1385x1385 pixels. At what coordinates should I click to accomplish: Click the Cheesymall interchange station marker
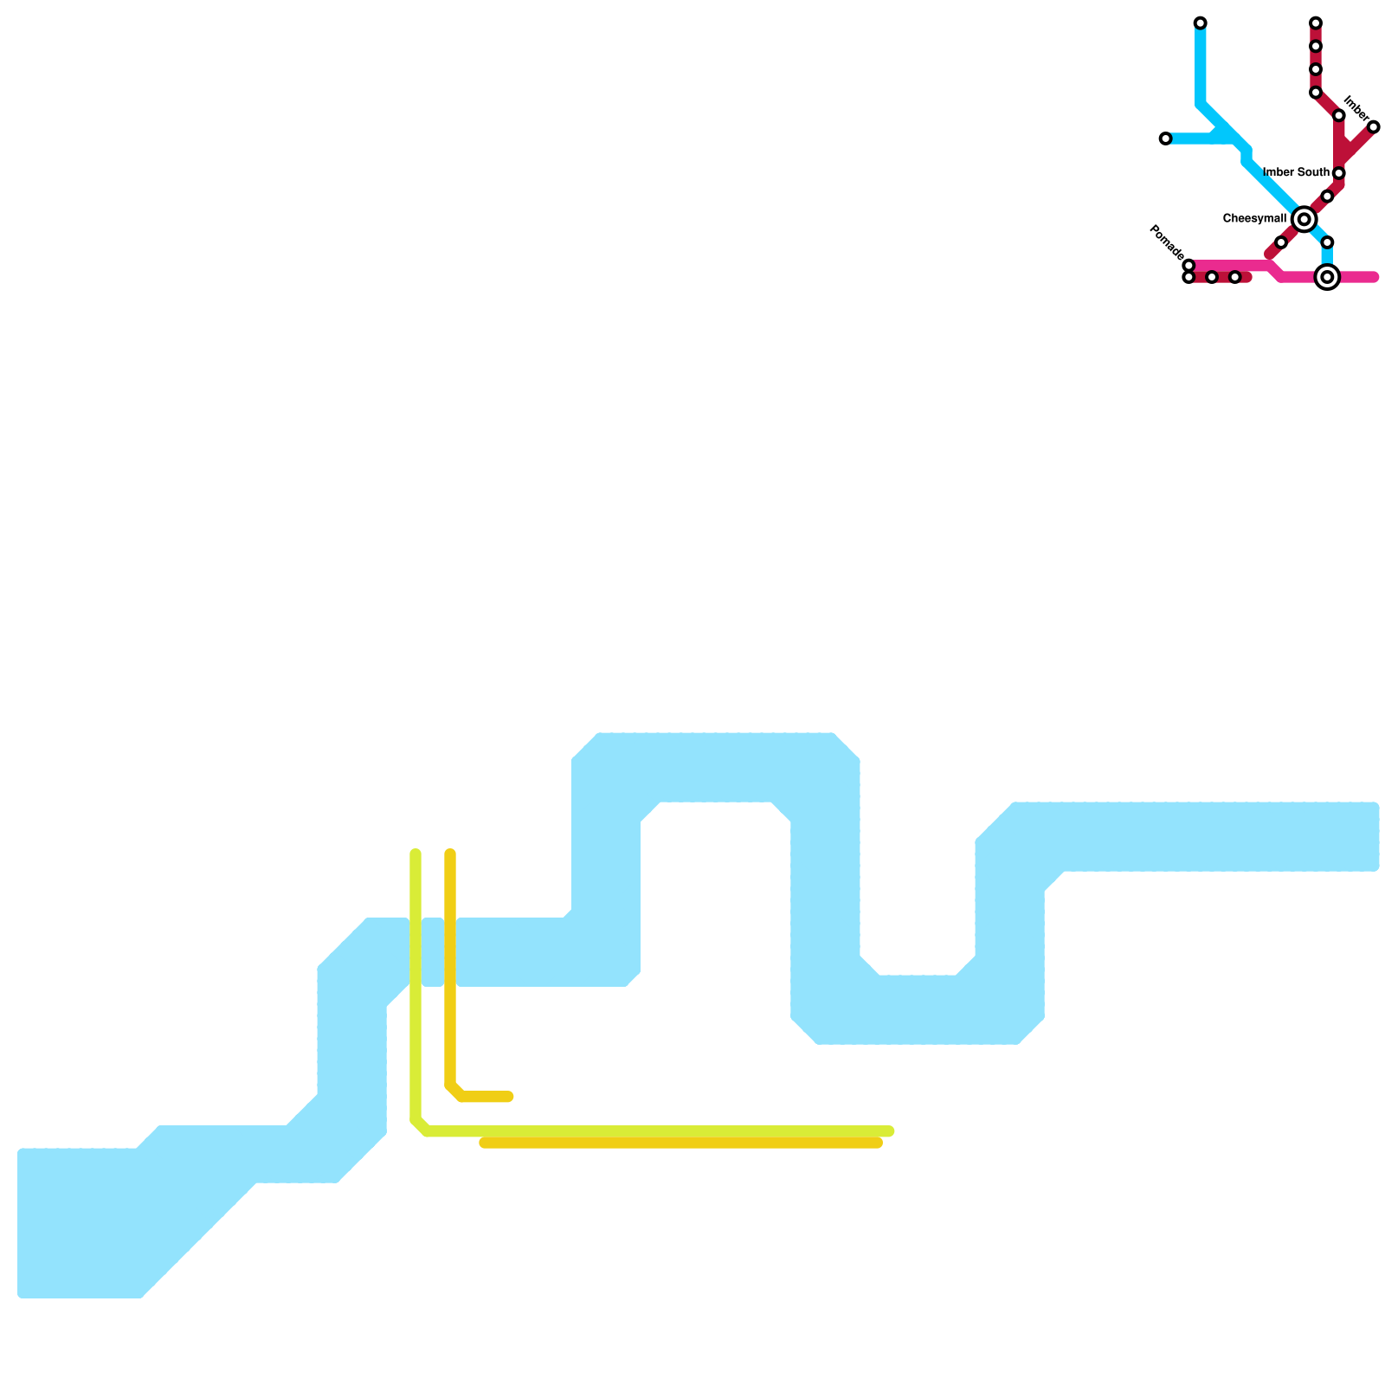(1304, 219)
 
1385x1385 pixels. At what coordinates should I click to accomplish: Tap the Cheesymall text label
(1254, 219)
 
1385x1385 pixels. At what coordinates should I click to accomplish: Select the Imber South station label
(1296, 173)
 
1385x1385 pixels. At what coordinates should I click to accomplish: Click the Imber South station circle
(1338, 173)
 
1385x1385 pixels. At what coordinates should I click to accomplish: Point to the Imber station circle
(1373, 127)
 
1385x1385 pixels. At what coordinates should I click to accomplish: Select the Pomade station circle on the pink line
(1189, 266)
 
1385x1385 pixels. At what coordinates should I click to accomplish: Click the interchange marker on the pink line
(1327, 277)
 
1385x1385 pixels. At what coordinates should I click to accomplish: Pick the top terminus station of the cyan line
(1200, 23)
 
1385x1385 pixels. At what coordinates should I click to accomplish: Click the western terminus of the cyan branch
(1165, 138)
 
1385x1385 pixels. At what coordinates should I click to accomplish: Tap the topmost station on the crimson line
(1315, 23)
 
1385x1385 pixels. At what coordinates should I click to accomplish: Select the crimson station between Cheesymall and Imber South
(1327, 196)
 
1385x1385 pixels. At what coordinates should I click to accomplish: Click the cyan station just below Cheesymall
(1327, 242)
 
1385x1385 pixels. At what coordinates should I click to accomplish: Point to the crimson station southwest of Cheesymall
(1281, 242)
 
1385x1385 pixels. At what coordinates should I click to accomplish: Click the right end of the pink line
(1374, 277)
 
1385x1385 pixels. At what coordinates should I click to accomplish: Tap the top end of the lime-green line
(415, 854)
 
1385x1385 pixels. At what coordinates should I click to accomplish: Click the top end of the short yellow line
(450, 854)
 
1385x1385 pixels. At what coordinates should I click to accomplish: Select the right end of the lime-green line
(890, 1131)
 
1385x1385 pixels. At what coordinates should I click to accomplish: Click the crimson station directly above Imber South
(1338, 116)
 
